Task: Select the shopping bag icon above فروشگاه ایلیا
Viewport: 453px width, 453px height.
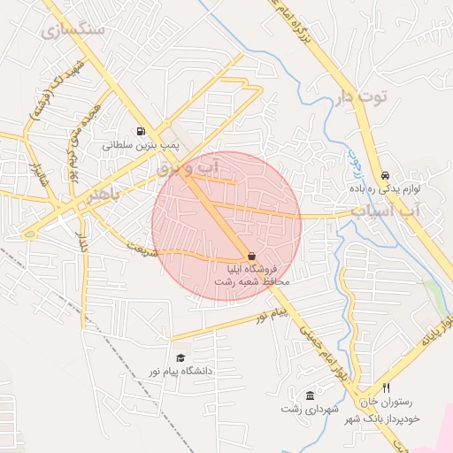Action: coord(253,255)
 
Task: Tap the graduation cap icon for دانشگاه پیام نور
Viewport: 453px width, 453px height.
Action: coord(181,358)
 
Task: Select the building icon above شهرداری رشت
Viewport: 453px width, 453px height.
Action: coord(309,395)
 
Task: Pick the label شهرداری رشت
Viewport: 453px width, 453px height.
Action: coord(304,408)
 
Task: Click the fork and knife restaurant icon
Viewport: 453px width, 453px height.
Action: coord(386,388)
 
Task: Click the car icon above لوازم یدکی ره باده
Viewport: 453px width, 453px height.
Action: coord(385,175)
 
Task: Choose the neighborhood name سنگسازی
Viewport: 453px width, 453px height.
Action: coord(73,29)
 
